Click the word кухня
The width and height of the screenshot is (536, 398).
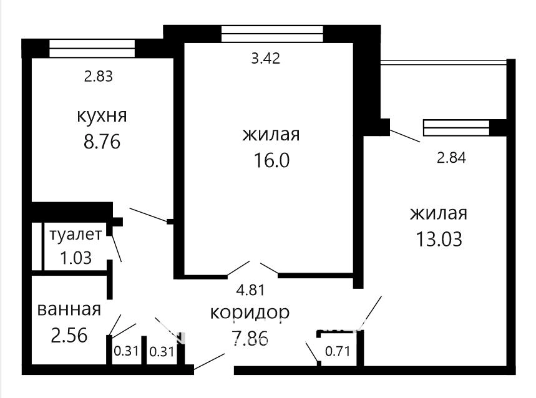102,117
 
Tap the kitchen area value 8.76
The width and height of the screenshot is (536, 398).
102,142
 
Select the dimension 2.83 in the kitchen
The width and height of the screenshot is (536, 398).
99,76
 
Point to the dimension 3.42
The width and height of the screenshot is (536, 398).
266,59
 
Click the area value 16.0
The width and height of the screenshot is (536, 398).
271,160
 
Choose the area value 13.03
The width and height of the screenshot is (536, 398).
439,239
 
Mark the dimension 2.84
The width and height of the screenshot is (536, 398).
451,158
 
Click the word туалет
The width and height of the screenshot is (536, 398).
76,235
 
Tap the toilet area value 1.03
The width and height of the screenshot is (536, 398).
76,258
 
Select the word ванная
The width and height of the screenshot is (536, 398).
69,310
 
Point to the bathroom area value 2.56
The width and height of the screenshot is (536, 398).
69,336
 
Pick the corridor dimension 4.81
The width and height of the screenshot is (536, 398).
251,290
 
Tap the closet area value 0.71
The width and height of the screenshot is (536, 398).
338,351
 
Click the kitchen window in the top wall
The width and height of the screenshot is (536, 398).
92,48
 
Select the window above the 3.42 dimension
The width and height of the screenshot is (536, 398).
272,34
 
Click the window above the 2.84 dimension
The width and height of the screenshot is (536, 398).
456,128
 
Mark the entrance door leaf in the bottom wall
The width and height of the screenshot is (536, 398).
209,361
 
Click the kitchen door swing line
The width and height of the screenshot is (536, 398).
149,215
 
